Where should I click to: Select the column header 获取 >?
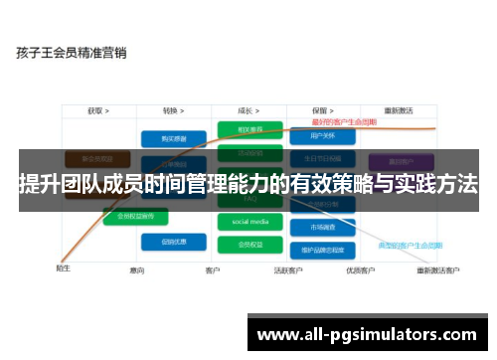[97, 111]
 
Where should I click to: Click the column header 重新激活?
[401, 111]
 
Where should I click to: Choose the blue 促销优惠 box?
[167, 240]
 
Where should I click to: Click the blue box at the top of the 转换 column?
[167, 139]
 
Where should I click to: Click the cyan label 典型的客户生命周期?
[434, 244]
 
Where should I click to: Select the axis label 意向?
[139, 270]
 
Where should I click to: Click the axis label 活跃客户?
[289, 270]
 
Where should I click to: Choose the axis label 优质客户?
[361, 270]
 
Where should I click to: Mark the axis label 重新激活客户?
[437, 270]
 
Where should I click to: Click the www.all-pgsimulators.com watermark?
[367, 333]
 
